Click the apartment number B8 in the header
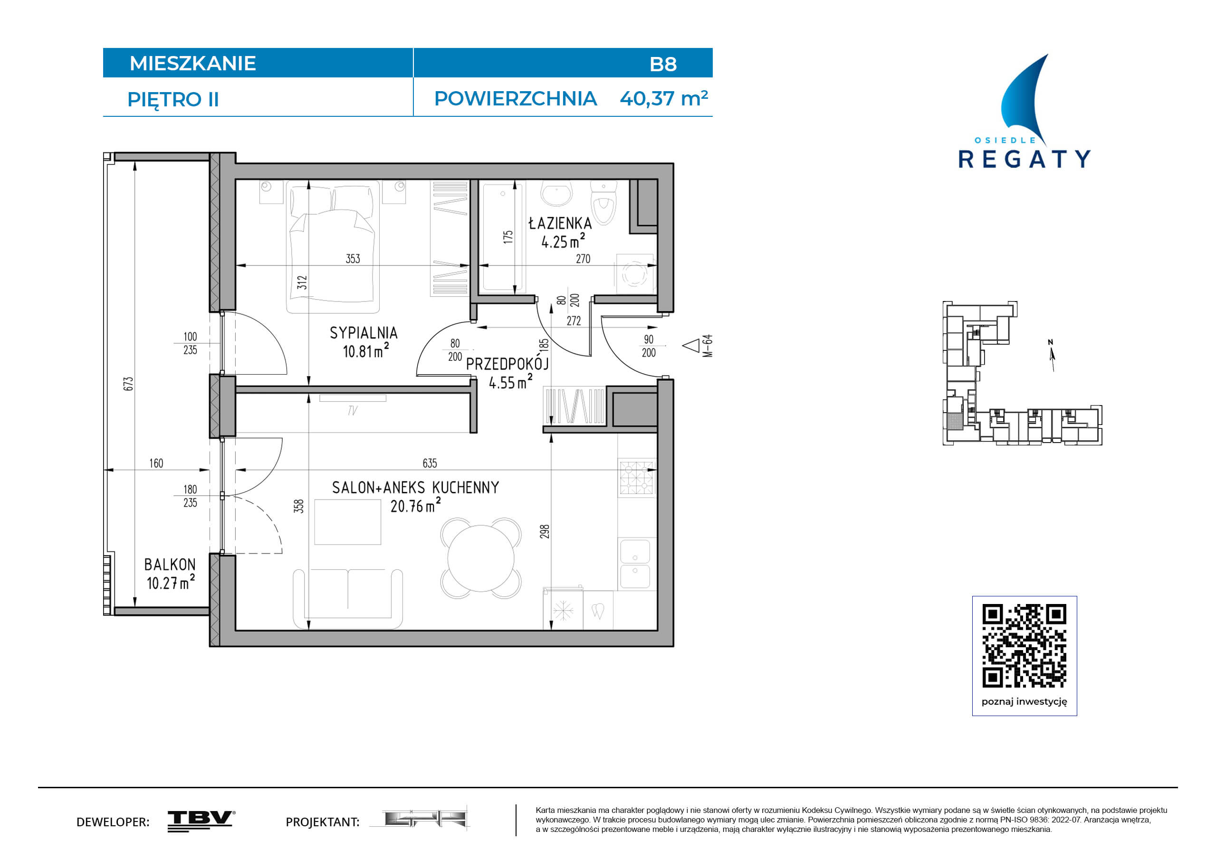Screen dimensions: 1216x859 coord(662,64)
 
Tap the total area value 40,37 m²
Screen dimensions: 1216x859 coord(664,98)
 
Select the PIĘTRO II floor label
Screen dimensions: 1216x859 coord(173,100)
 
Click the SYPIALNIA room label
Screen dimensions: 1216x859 coord(364,333)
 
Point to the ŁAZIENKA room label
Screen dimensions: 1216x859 coord(560,223)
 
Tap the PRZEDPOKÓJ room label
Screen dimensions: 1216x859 coord(507,364)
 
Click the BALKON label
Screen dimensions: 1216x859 coord(170,565)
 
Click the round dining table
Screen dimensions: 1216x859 coord(481,558)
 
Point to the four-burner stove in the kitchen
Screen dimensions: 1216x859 coord(637,477)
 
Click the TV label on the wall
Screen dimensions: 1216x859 coord(353,410)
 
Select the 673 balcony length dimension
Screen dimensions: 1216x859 coord(128,384)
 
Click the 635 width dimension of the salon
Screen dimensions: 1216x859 coord(430,463)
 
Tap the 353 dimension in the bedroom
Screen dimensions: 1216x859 coord(353,258)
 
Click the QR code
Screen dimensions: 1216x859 coord(1025,646)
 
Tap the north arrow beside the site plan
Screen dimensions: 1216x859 coord(1052,356)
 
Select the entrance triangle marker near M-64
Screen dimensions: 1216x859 coord(690,346)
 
